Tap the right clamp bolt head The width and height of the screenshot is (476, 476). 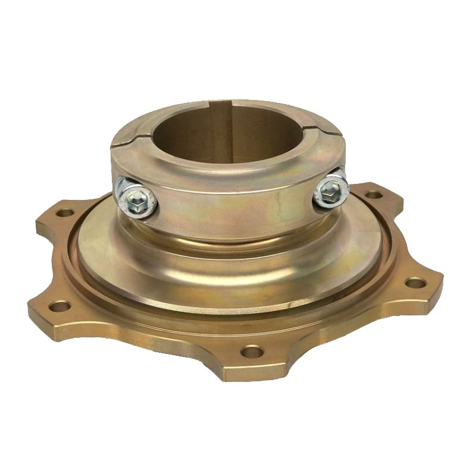coord(329,189)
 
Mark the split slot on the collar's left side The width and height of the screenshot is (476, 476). coord(121,142)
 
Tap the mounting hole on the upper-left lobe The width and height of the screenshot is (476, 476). coord(66,212)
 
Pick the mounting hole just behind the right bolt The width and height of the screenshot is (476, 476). coord(373,195)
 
